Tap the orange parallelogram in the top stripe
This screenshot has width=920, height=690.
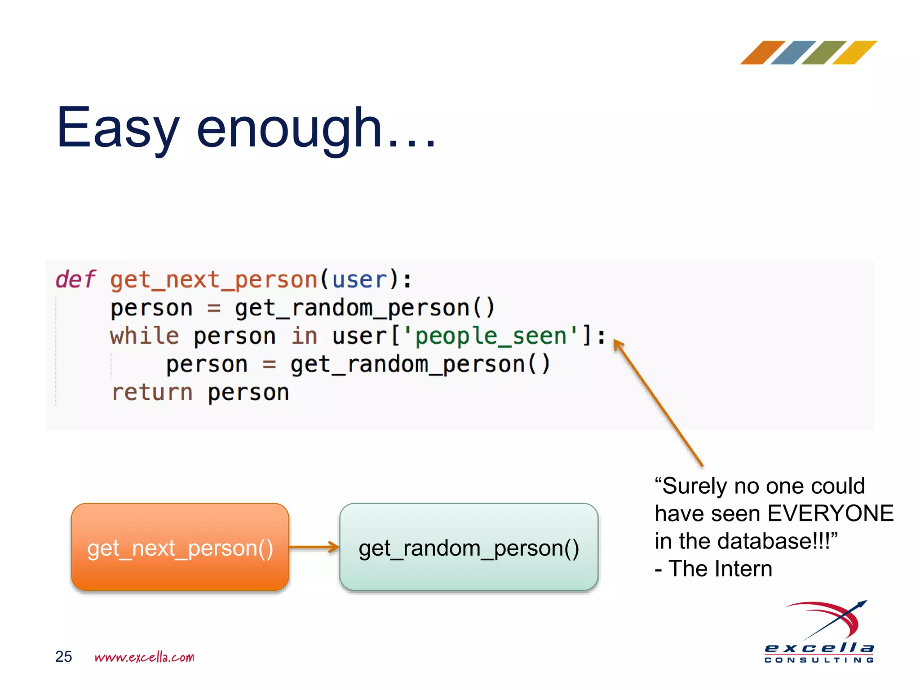(x=762, y=53)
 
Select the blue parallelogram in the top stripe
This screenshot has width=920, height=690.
(x=793, y=53)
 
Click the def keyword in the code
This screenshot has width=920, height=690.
(x=75, y=279)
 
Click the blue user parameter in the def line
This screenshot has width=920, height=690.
(x=359, y=280)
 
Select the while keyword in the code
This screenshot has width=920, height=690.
(x=144, y=336)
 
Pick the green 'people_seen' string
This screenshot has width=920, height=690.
(x=490, y=336)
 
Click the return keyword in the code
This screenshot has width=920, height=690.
(x=152, y=392)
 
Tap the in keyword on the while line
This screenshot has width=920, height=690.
(x=304, y=336)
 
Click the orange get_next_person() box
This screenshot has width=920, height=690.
(x=180, y=547)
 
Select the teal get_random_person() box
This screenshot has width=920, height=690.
(x=469, y=547)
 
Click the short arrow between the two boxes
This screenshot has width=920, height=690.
(x=314, y=547)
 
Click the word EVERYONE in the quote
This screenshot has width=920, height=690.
(x=830, y=513)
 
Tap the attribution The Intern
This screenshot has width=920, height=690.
(x=720, y=569)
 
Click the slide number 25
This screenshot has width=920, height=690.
(x=63, y=656)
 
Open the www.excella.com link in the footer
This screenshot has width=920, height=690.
(x=144, y=657)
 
